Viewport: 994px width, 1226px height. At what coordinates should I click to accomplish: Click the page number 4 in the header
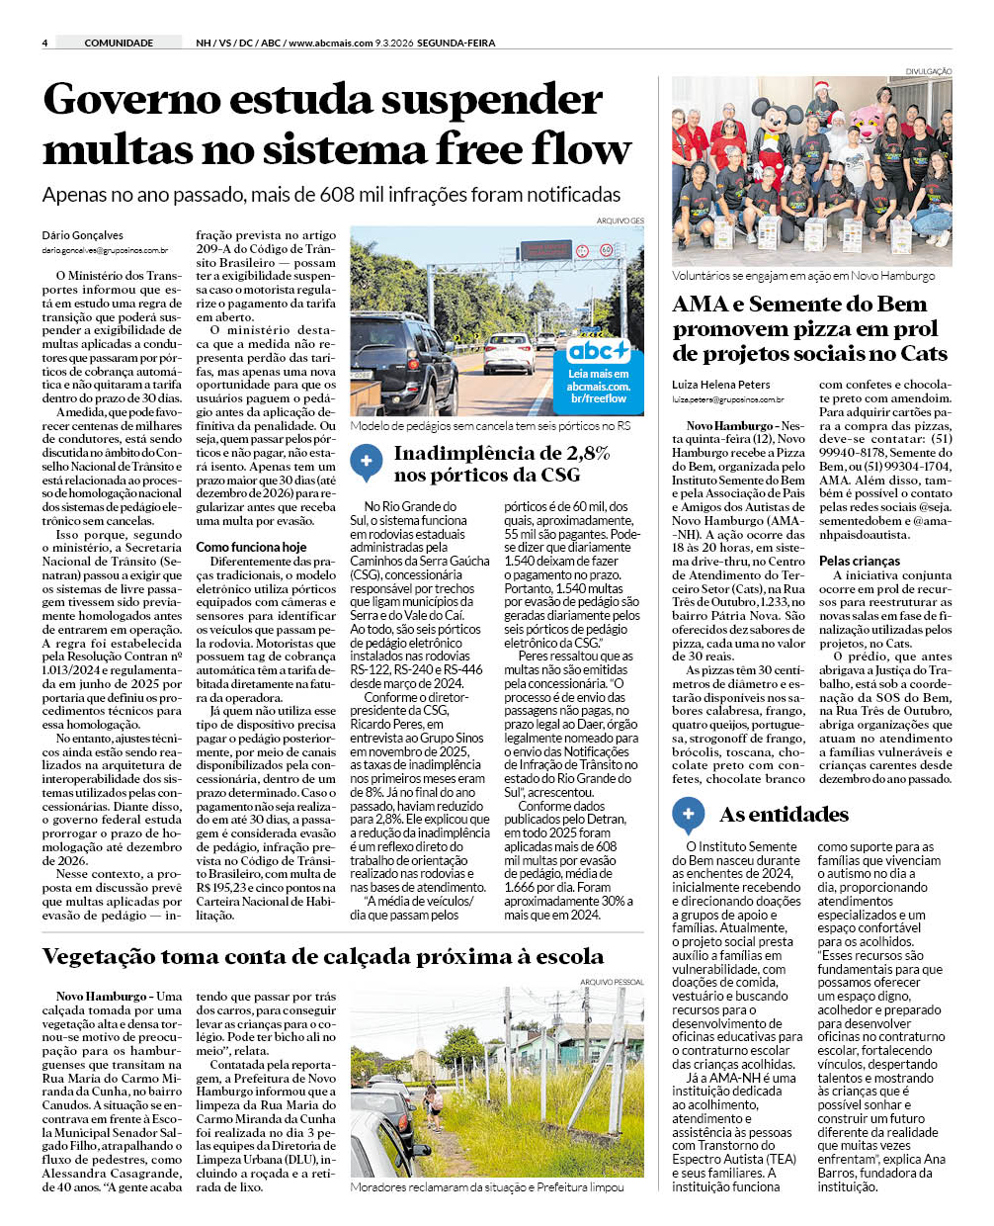45,43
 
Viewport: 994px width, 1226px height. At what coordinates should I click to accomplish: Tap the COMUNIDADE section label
119,43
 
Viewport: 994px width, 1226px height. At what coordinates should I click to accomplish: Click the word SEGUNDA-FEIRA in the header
456,43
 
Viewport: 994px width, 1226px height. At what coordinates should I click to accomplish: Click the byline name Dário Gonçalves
83,235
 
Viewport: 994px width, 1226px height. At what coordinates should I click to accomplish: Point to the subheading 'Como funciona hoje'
251,547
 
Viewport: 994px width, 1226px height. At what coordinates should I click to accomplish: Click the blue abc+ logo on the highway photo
599,351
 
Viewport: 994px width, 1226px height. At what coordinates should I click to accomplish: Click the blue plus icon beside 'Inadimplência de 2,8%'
367,461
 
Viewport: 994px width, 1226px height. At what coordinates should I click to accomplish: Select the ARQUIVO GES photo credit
621,220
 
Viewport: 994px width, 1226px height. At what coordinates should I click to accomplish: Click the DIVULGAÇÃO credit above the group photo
929,71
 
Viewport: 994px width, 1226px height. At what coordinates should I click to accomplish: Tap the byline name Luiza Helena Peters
721,385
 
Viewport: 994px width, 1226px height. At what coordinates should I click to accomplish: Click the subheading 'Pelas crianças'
860,561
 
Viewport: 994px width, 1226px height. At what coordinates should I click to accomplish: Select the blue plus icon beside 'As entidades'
688,815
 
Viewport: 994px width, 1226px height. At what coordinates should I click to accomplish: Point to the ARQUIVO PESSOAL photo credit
613,982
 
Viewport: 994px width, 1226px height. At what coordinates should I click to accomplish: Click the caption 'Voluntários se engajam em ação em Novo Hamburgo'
803,276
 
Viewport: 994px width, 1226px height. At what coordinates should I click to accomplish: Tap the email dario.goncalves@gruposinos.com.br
105,251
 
